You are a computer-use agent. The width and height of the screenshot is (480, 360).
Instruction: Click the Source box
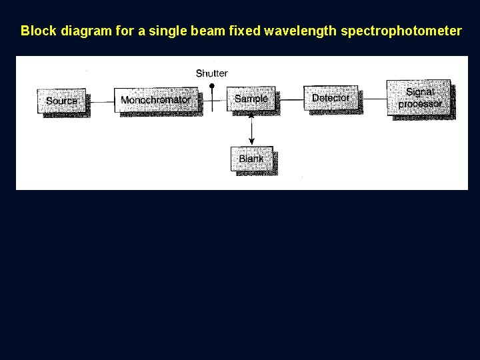pos(62,101)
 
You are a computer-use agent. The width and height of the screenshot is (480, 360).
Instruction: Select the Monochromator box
pos(156,101)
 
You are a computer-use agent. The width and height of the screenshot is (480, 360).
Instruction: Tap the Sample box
pos(251,99)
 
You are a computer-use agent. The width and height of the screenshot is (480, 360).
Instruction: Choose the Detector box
pos(331,98)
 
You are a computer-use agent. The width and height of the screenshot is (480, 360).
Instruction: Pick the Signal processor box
pos(419,98)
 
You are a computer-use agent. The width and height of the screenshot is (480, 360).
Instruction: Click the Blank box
pos(251,159)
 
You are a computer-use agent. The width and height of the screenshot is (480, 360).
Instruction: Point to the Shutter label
pos(211,73)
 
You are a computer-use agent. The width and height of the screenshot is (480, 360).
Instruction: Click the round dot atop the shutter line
pos(212,86)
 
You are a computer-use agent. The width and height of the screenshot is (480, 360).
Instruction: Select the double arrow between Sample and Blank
pos(251,129)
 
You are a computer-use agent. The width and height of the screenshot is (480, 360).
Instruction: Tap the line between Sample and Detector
pos(289,99)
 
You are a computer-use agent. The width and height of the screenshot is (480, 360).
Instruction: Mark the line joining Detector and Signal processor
pos(372,99)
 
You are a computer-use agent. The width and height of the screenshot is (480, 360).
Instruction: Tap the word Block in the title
pos(35,31)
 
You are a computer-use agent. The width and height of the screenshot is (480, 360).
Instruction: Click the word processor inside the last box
pos(420,104)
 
